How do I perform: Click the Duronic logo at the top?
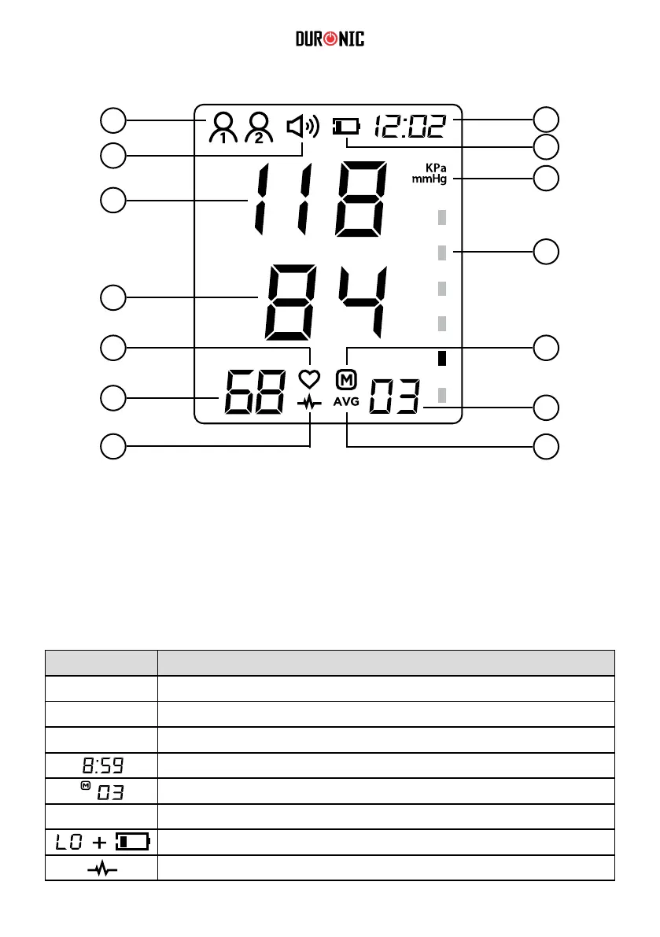pyautogui.click(x=330, y=39)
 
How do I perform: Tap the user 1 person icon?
pyautogui.click(x=223, y=127)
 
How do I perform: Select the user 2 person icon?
pyautogui.click(x=259, y=127)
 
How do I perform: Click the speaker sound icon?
pyautogui.click(x=302, y=127)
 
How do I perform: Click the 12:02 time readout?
pyautogui.click(x=409, y=125)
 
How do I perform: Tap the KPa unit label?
pyautogui.click(x=436, y=168)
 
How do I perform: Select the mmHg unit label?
pyautogui.click(x=429, y=179)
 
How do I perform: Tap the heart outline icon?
pyautogui.click(x=309, y=379)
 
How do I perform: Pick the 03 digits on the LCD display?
pyautogui.click(x=395, y=397)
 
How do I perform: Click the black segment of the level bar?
pyautogui.click(x=442, y=359)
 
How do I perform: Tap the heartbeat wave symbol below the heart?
pyautogui.click(x=310, y=403)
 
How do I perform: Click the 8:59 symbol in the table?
pyautogui.click(x=101, y=765)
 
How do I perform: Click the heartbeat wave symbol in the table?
pyautogui.click(x=101, y=868)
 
